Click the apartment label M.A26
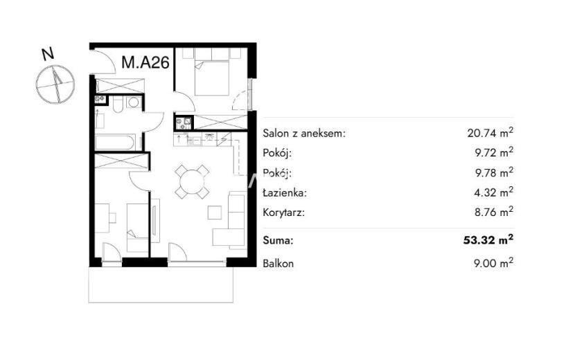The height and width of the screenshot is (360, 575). [x=145, y=62]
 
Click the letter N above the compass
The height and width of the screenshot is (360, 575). [x=48, y=54]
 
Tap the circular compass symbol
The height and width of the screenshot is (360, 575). [x=55, y=84]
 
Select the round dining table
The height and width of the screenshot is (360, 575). [x=191, y=182]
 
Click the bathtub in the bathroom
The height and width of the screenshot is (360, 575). [x=115, y=142]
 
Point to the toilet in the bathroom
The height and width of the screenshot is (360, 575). [x=118, y=104]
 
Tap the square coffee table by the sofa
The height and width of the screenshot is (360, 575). [x=215, y=213]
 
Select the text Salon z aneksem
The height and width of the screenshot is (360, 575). [x=304, y=133]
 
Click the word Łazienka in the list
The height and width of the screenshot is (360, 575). [x=285, y=192]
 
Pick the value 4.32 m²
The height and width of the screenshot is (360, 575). [x=493, y=192]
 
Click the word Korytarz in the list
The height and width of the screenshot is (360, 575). [x=284, y=213]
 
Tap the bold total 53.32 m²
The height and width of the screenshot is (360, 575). [x=488, y=240]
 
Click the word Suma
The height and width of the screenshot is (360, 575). [x=278, y=240]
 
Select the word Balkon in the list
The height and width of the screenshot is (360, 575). [x=278, y=263]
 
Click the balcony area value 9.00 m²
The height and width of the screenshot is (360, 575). [x=493, y=262]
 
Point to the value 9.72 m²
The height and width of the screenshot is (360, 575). [x=493, y=152]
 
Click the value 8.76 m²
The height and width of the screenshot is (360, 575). [x=493, y=212]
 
